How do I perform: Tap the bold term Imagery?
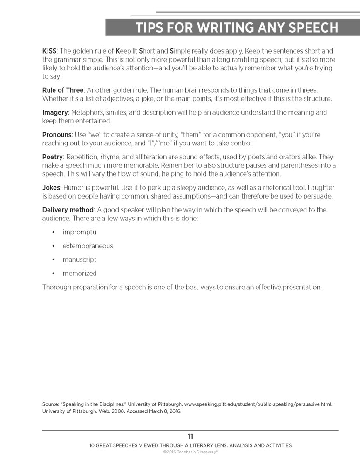(55, 112)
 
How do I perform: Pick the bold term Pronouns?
(57, 135)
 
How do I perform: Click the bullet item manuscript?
(80, 260)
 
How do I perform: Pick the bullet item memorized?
(80, 273)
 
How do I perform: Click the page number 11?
(190, 437)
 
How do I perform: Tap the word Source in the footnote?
(51, 404)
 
